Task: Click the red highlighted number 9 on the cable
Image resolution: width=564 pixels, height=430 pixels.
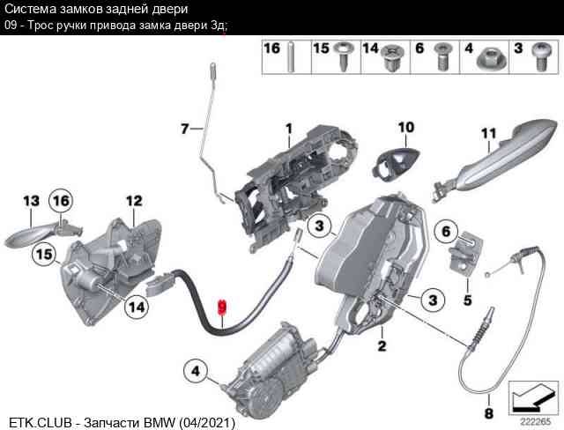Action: [x=222, y=307]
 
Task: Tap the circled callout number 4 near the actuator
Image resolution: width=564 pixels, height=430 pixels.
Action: [x=196, y=368]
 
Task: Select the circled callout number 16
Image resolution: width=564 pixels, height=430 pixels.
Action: [x=60, y=202]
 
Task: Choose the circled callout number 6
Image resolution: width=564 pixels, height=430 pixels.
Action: [x=445, y=232]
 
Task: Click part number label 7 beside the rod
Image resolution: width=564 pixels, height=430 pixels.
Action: [x=185, y=129]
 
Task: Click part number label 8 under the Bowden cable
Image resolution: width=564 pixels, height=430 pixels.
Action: [x=488, y=411]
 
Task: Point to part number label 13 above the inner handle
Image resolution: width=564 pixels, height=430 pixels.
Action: [x=31, y=202]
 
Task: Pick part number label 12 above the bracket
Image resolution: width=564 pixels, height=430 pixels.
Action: [x=133, y=202]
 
